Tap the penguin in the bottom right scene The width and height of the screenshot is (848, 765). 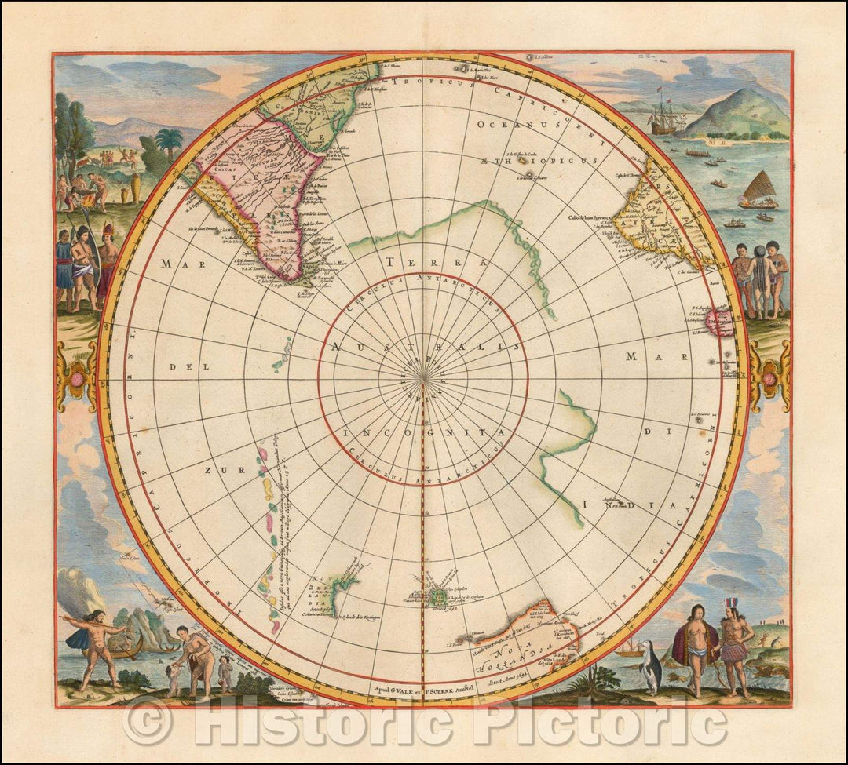tap(651, 666)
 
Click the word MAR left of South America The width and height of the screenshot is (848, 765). tap(177, 264)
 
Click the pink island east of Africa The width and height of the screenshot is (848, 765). tap(721, 322)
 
